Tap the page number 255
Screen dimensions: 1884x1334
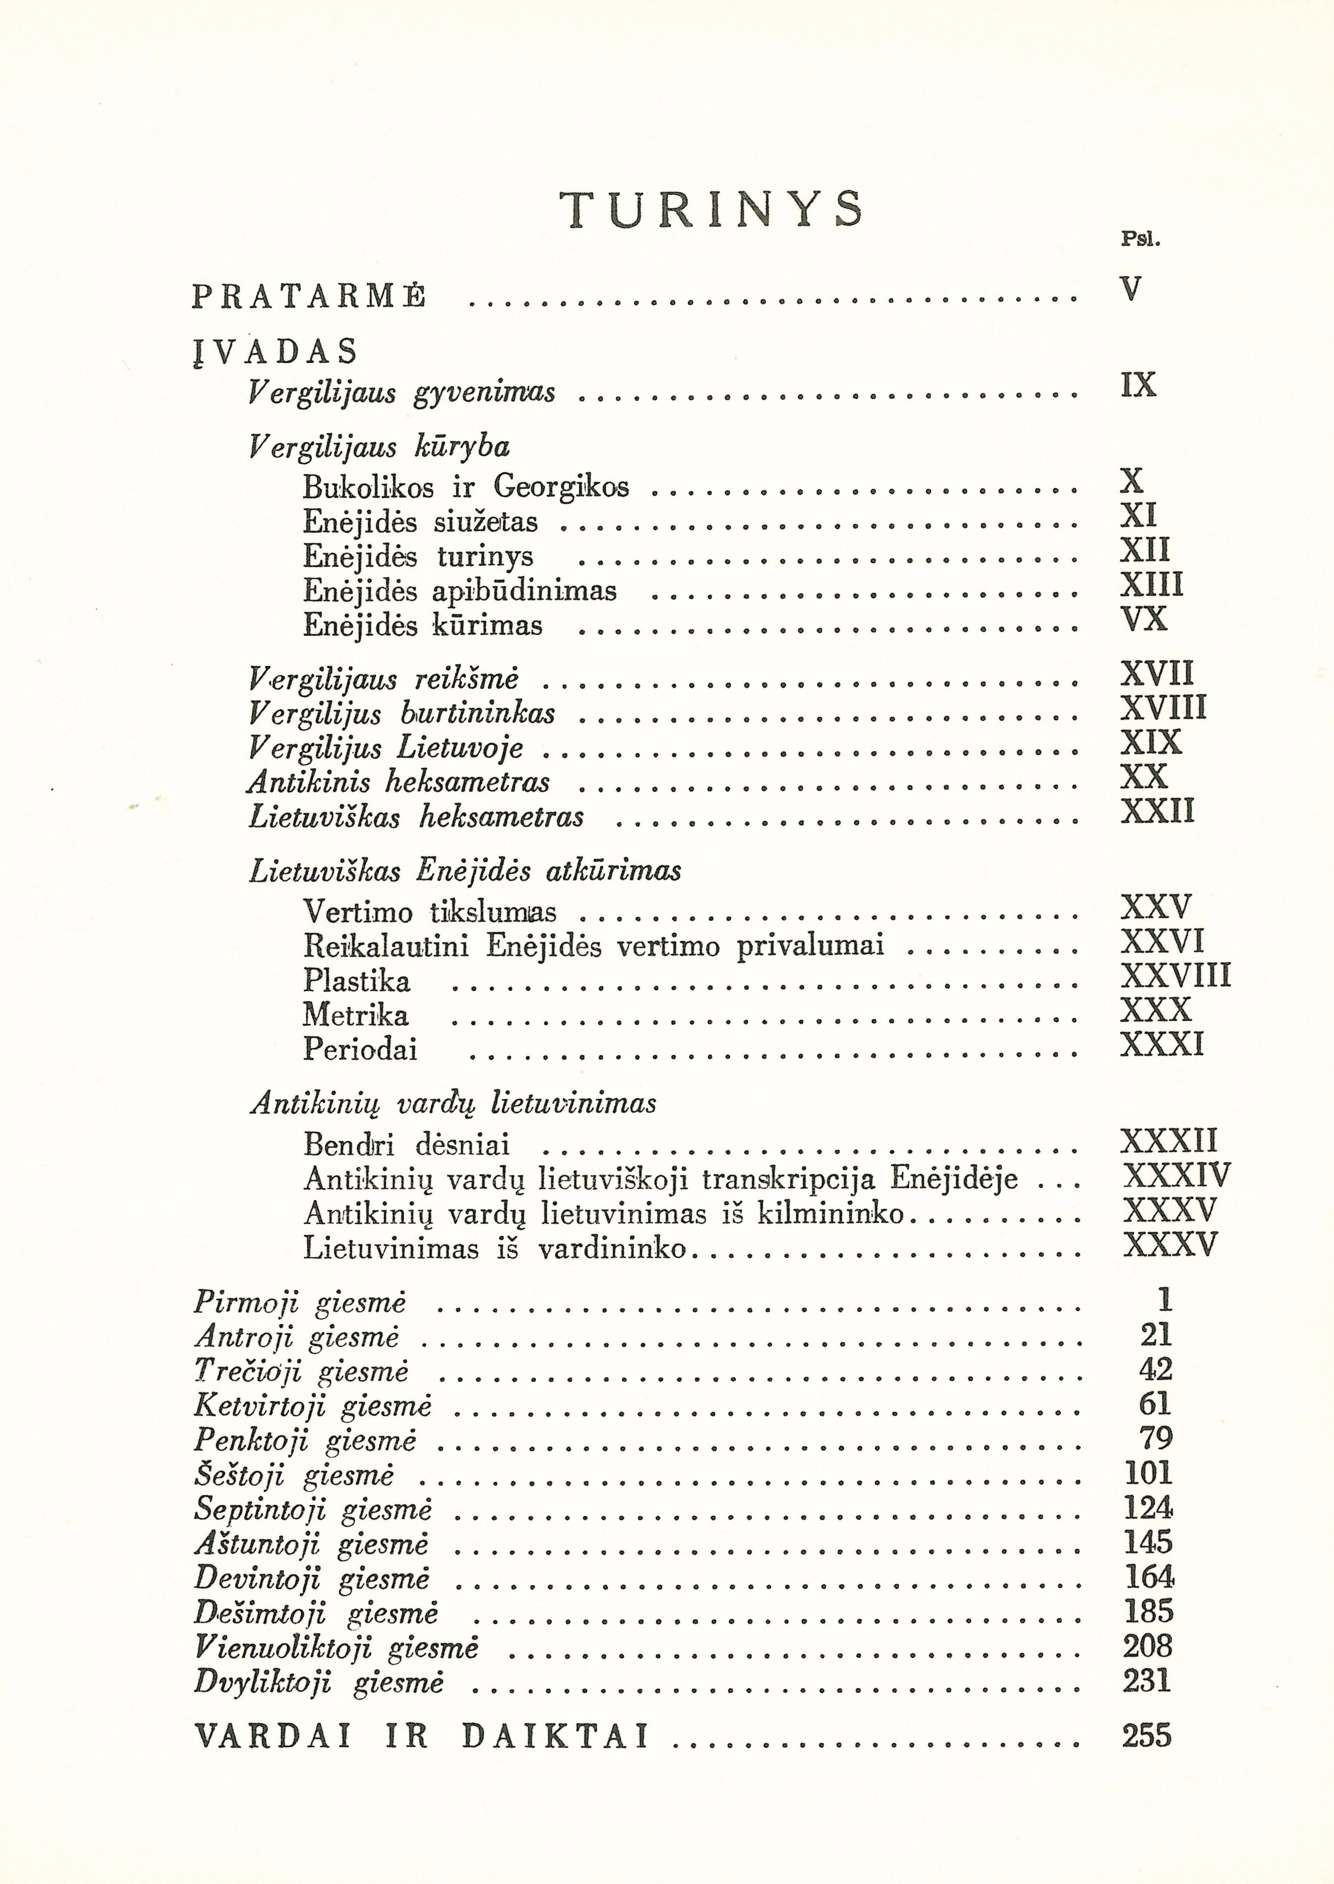pyautogui.click(x=1147, y=1736)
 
